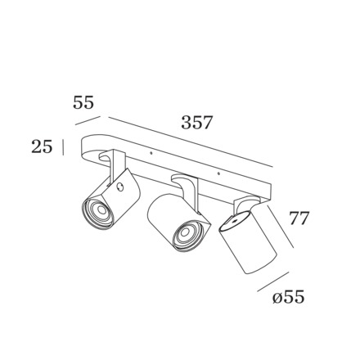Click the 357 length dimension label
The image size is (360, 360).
click(196, 122)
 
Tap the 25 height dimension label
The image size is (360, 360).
click(42, 146)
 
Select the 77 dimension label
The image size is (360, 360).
click(299, 218)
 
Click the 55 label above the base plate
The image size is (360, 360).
click(83, 102)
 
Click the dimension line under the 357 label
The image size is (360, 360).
click(191, 142)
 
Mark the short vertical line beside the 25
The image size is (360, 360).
click(63, 147)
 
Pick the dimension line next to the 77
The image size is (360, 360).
click(281, 227)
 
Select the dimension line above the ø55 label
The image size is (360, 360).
click(272, 281)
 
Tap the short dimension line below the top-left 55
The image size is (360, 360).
click(88, 121)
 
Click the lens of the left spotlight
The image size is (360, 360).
click(101, 210)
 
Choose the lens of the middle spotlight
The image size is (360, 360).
click(185, 232)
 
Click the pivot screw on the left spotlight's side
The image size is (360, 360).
click(120, 187)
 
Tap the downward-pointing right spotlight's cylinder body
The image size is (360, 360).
click(248, 243)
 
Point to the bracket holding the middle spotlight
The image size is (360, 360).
click(187, 189)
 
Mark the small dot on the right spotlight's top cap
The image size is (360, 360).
click(233, 221)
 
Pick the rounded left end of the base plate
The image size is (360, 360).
click(88, 150)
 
